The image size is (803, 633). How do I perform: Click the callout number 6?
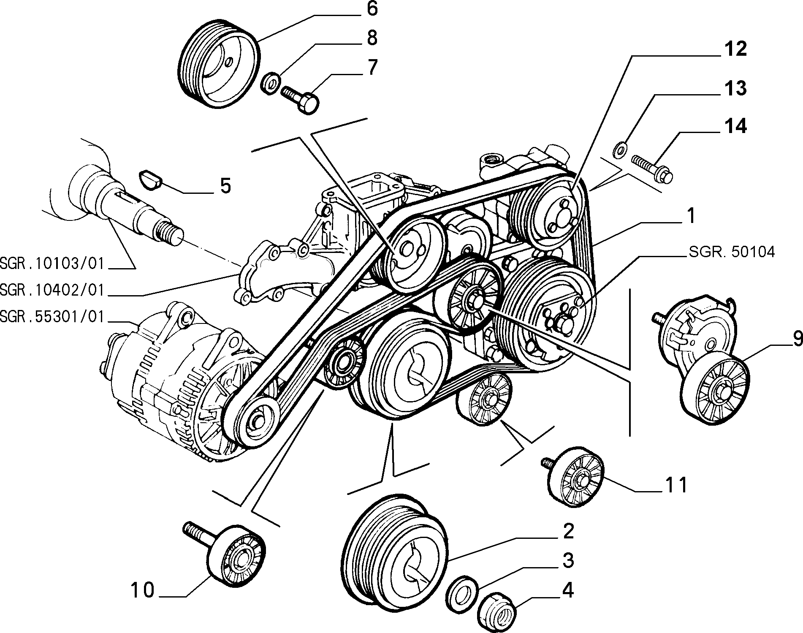pyautogui.click(x=372, y=9)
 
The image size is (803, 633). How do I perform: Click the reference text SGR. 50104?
pyautogui.click(x=732, y=252)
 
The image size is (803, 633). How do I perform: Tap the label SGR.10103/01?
pyautogui.click(x=52, y=264)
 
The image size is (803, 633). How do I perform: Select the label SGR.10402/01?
pyautogui.click(x=52, y=291)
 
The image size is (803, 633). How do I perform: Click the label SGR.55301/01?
pyautogui.click(x=52, y=317)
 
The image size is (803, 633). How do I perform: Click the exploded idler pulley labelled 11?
pyautogui.click(x=574, y=475)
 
